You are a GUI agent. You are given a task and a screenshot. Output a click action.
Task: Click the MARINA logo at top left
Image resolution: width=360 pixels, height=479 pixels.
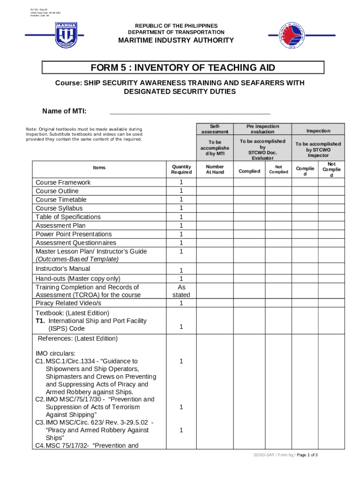[66, 35]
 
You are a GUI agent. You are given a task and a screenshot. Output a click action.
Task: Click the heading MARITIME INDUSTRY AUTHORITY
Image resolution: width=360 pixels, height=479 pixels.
[176, 40]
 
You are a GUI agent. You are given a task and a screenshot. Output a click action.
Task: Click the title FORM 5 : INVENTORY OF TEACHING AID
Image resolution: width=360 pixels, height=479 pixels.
[183, 68]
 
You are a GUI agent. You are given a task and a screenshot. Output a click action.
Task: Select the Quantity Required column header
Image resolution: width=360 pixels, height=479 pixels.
[181, 169]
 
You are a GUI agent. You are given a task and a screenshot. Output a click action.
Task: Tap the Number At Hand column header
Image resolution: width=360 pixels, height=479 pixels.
[215, 169]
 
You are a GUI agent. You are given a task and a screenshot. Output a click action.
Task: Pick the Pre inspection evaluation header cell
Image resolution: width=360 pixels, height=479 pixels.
[262, 129]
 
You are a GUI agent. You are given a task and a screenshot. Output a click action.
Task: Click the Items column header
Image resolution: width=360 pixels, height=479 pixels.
[99, 168]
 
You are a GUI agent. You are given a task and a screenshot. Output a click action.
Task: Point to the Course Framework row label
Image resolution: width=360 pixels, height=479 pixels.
[63, 182]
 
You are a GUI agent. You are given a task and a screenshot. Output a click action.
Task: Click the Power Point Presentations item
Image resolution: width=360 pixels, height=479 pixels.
[73, 234]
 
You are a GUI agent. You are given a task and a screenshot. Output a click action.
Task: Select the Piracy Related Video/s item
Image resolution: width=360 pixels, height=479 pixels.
[68, 303]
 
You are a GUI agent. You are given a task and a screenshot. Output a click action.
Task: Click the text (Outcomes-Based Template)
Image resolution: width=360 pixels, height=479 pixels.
[77, 259]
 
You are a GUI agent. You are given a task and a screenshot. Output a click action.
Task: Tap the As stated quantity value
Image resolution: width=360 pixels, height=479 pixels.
[181, 291]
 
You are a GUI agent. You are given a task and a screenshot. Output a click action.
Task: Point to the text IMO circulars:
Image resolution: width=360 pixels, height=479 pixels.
[55, 353]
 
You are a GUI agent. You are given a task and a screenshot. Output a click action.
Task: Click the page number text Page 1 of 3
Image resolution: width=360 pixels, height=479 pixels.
[307, 455]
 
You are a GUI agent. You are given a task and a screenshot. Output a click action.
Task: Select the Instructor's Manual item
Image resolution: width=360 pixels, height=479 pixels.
[63, 269]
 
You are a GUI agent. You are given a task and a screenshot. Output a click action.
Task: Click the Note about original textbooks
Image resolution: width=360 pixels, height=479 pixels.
[84, 134]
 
